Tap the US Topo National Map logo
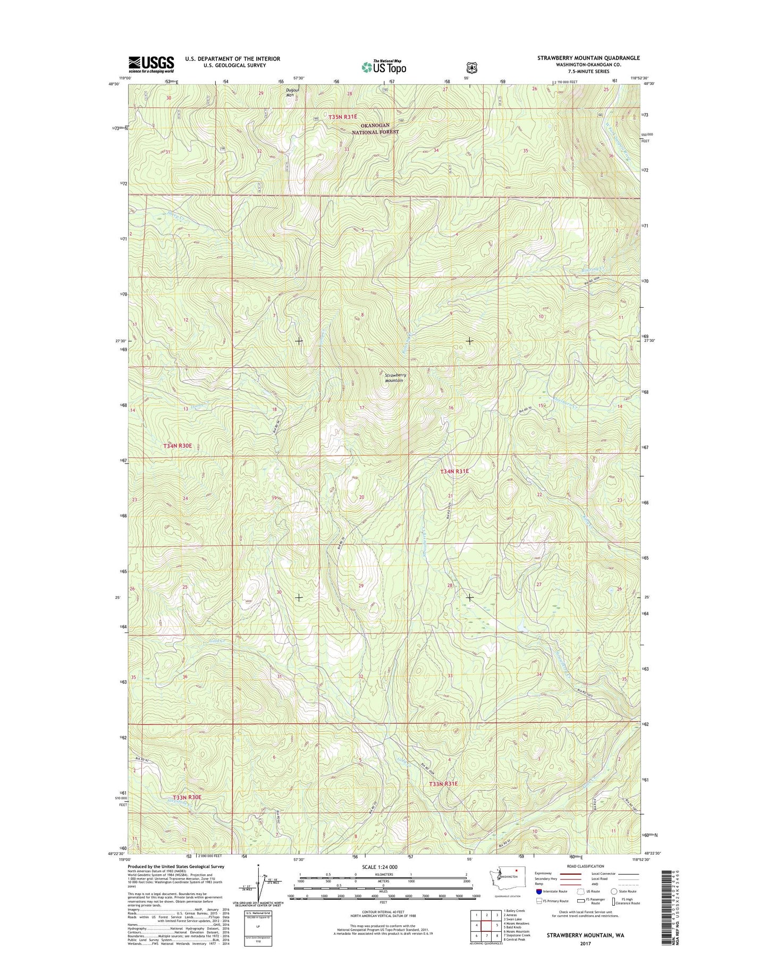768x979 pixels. [x=384, y=66]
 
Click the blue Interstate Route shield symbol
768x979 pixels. [x=539, y=906]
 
